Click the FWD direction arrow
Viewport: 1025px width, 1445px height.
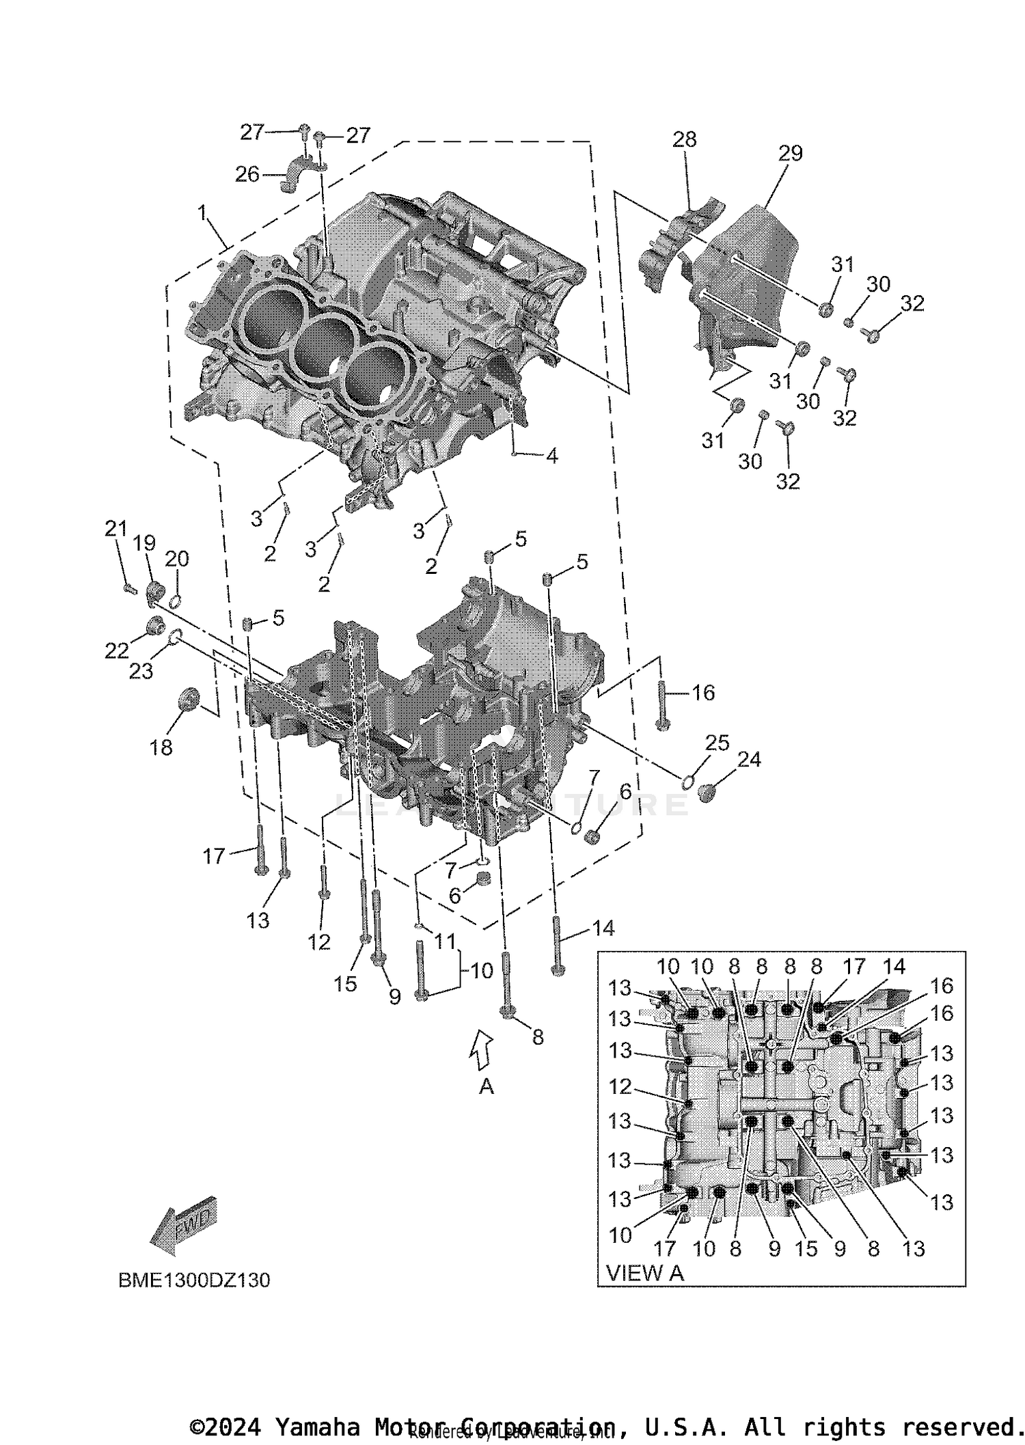click(x=183, y=1226)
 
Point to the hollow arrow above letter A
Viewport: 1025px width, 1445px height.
click(x=482, y=1049)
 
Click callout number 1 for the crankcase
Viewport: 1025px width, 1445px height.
click(x=202, y=213)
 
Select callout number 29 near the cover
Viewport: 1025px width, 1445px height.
click(x=790, y=153)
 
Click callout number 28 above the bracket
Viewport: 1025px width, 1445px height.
click(x=684, y=139)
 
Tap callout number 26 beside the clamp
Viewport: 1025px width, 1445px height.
click(x=247, y=175)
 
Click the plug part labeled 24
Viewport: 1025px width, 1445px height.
click(x=707, y=793)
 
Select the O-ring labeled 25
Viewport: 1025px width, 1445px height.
click(x=689, y=780)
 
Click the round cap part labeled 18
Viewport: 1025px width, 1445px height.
click(x=187, y=698)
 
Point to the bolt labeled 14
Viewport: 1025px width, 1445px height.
click(x=558, y=945)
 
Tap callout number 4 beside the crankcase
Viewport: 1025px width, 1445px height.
click(x=551, y=456)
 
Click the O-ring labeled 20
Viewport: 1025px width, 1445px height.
click(x=174, y=601)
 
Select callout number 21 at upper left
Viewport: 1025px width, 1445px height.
click(x=115, y=528)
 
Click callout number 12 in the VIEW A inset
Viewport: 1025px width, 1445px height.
click(x=620, y=1086)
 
